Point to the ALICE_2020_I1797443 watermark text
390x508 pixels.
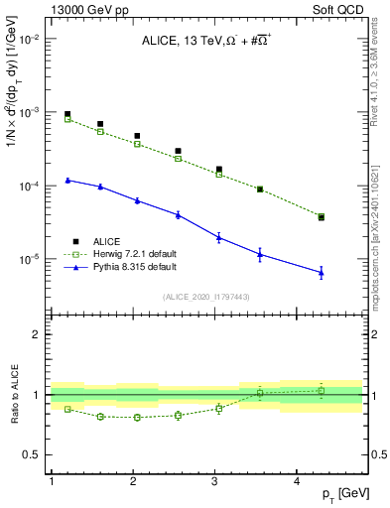[207, 297]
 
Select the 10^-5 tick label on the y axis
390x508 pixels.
[29, 260]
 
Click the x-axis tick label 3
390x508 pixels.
[215, 480]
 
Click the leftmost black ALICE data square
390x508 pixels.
[67, 114]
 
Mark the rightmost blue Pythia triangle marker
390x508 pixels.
[322, 272]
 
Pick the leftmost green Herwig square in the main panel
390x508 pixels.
[67, 119]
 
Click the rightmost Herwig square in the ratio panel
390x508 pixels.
[322, 391]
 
